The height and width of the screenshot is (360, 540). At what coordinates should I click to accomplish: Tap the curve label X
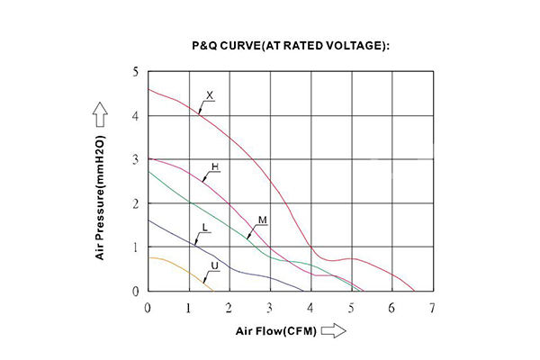pos(211,94)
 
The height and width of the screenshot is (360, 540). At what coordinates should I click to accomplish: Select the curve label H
pos(215,167)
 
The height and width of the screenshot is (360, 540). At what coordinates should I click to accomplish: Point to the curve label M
pos(262,220)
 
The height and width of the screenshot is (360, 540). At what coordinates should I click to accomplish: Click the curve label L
pos(206,228)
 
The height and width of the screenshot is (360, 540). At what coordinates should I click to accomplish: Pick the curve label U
pos(214,265)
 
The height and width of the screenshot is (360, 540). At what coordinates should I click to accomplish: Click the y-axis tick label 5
pos(136,71)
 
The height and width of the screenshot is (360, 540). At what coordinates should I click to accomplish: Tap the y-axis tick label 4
pos(136,115)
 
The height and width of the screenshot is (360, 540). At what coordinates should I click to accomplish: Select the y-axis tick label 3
pos(136,159)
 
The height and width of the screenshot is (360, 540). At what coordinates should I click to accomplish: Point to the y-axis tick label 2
pos(136,203)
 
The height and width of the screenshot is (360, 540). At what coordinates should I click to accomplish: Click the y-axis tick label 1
pos(136,247)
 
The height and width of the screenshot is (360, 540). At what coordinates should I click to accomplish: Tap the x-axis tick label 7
pos(433,308)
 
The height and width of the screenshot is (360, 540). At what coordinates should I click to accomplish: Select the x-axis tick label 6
pos(391,308)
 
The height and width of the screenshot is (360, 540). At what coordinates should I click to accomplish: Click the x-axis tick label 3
pos(270,308)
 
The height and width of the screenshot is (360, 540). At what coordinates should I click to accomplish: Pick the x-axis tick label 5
pos(351,308)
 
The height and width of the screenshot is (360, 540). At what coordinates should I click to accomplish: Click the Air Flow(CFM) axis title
pos(276,331)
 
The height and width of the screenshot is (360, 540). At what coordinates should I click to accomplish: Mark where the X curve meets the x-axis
pos(415,292)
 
